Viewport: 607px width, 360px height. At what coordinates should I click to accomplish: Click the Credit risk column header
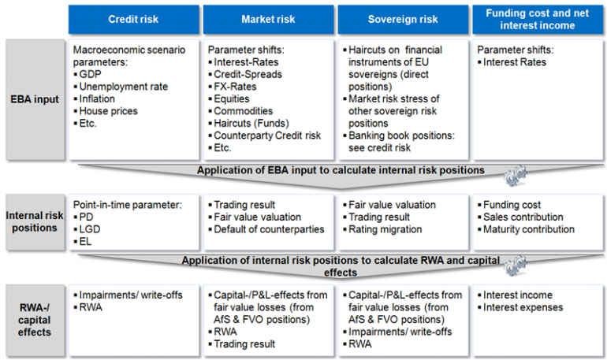(x=133, y=19)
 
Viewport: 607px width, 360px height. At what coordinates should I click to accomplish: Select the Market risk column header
(x=268, y=19)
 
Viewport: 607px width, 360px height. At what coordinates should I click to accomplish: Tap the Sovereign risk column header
(x=404, y=19)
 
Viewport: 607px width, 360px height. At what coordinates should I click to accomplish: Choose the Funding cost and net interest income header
(x=538, y=19)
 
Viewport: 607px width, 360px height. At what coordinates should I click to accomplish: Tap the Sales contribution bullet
(x=523, y=217)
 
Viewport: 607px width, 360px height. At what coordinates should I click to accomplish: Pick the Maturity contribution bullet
(x=529, y=229)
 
